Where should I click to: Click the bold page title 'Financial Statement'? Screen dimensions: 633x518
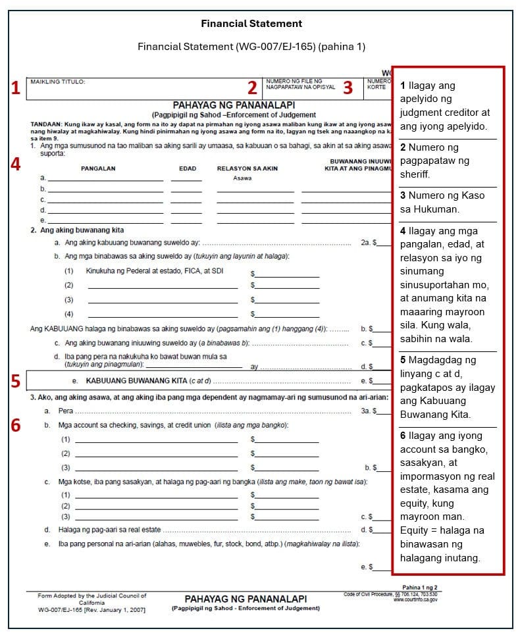coord(251,24)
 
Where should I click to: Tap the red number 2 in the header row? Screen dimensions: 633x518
coord(252,88)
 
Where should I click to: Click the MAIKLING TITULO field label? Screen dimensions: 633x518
coord(58,82)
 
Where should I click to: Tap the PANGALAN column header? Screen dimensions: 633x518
coord(98,168)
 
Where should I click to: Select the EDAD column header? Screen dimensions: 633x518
coord(188,168)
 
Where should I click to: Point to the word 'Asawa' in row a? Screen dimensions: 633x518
coord(243,178)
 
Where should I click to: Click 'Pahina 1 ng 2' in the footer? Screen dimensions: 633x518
coord(419,588)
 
